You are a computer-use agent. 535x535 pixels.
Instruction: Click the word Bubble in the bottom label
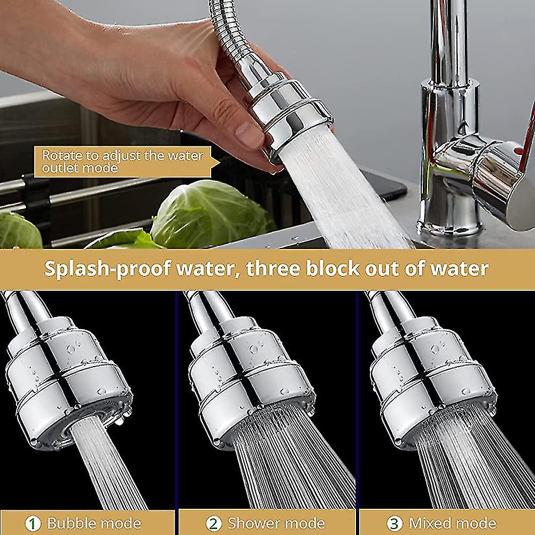(71, 523)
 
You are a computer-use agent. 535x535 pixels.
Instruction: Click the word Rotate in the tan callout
(59, 156)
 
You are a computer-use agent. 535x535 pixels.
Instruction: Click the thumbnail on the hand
(250, 135)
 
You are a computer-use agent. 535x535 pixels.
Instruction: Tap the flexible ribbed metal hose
(227, 27)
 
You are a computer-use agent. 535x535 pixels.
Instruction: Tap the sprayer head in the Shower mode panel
(251, 374)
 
